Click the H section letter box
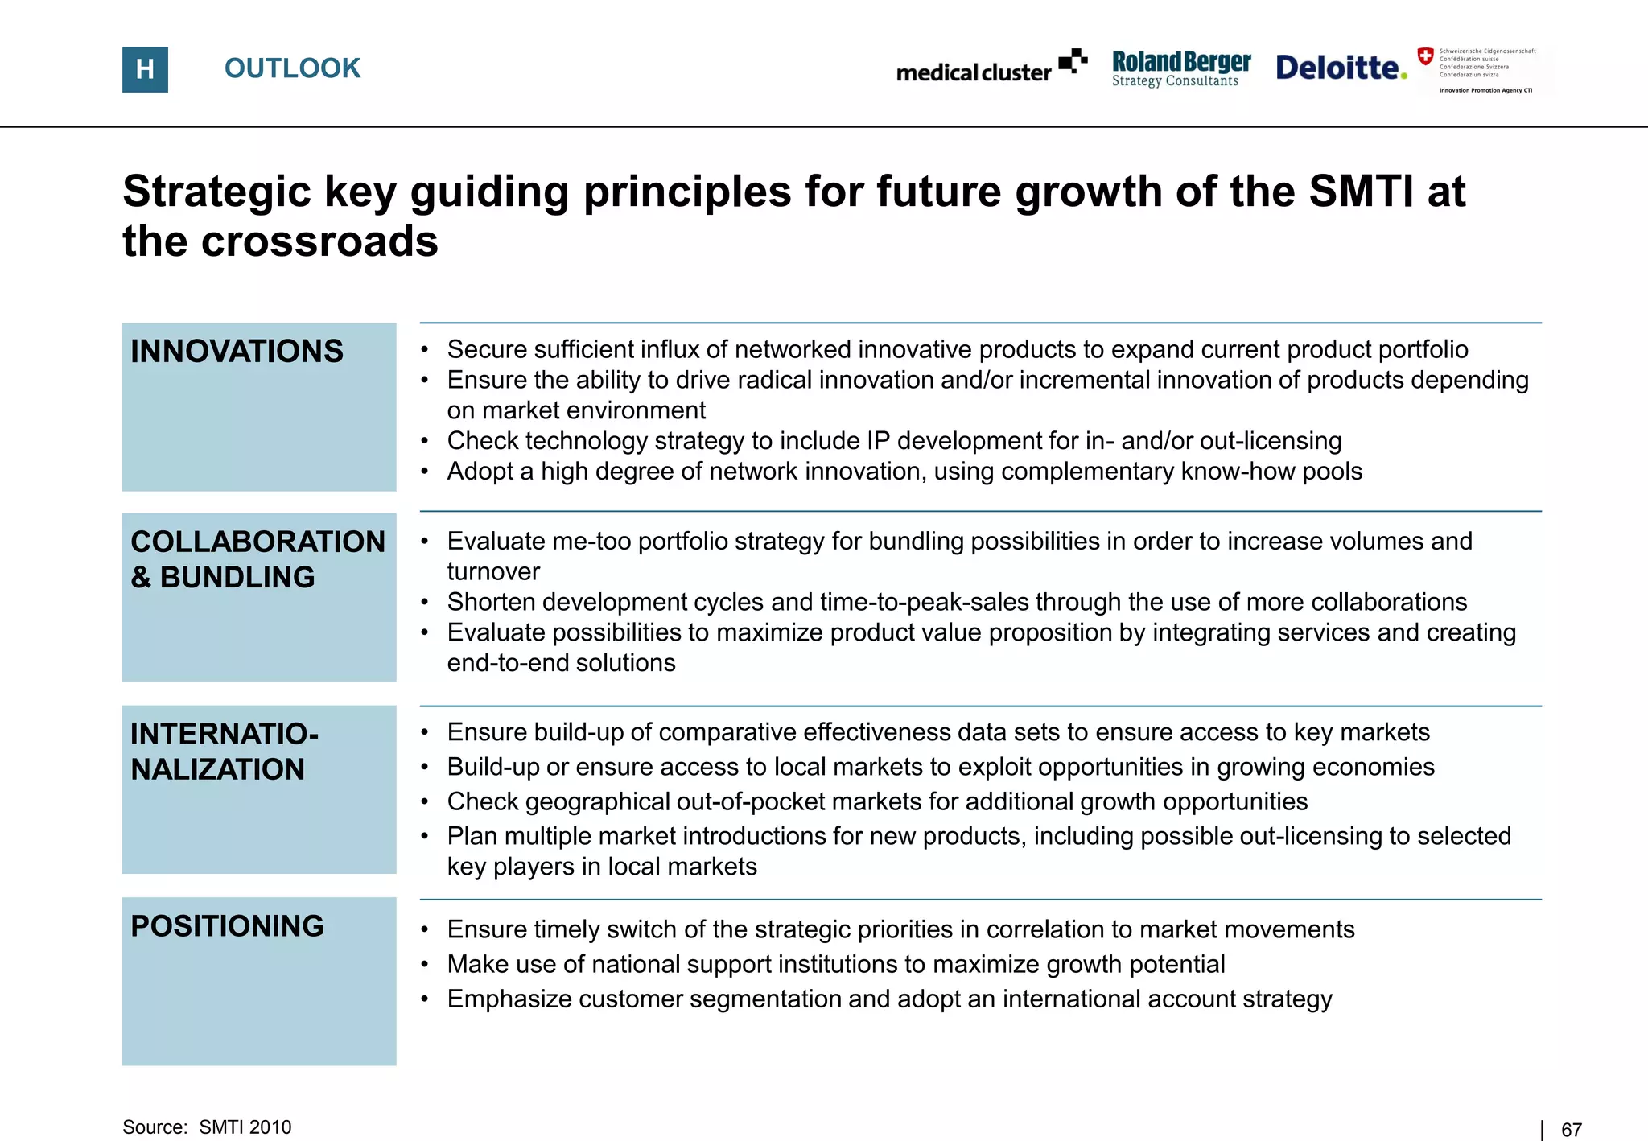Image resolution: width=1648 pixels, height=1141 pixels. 145,69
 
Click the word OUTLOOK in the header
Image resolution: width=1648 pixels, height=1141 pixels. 292,68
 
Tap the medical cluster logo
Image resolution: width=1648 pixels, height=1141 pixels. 991,68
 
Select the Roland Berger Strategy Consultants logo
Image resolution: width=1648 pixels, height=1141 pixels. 1180,68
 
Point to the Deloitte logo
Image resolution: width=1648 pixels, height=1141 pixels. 1341,68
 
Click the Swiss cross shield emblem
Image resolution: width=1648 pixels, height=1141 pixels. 1425,56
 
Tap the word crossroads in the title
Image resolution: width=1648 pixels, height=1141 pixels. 319,241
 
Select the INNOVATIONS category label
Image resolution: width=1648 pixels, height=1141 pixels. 237,352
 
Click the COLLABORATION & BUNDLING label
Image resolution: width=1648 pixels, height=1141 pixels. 257,559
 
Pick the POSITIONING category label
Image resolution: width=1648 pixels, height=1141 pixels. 227,926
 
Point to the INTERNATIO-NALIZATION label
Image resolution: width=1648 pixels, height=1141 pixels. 225,752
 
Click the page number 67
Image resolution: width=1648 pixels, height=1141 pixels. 1571,1130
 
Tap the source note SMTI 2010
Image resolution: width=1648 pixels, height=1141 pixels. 245,1127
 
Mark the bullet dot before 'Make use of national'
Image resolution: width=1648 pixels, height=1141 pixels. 425,965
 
